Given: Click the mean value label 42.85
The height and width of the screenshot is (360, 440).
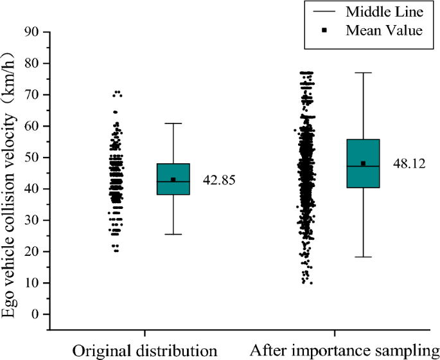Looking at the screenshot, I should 220,180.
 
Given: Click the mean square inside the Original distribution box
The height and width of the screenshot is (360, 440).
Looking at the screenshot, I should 173,179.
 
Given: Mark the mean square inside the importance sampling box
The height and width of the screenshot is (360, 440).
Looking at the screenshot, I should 363,163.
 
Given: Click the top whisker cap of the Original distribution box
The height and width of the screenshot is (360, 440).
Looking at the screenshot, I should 173,123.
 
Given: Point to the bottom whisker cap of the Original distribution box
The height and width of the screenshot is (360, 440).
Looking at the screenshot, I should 173,234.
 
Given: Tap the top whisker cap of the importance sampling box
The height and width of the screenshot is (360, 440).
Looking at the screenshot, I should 363,73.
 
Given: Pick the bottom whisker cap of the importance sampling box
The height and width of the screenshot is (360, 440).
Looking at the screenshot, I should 363,257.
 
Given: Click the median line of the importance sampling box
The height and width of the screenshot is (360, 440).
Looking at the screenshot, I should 363,166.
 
